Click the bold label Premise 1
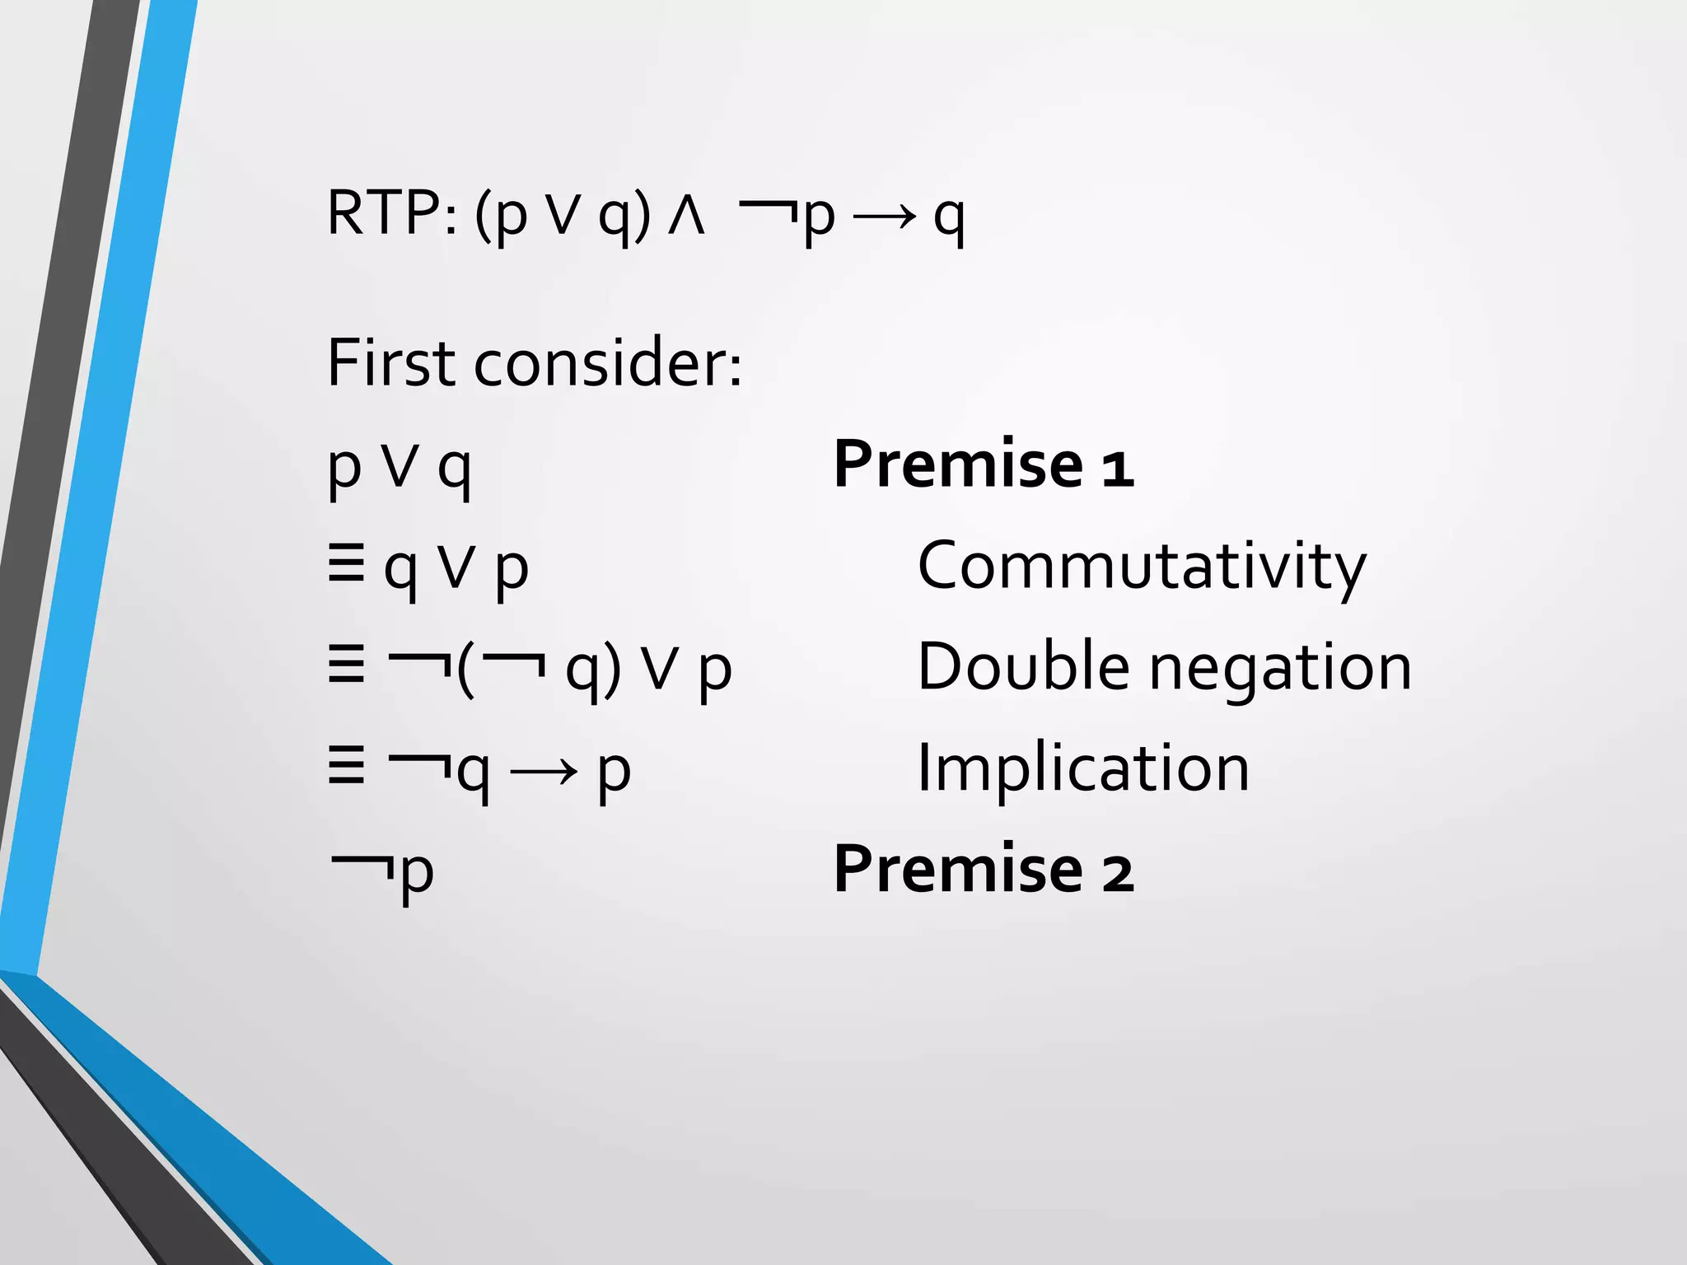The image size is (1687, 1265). pos(984,464)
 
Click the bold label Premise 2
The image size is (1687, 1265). pos(984,869)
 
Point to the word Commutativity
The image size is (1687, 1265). pos(1142,567)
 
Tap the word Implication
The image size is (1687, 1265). pos(1083,768)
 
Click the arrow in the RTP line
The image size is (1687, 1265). pos(884,217)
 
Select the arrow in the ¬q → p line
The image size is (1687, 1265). pos(543,773)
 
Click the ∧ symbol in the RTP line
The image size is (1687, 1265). pos(686,217)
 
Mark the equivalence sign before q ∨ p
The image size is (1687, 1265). pos(346,567)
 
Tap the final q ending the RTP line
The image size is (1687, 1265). pos(949,219)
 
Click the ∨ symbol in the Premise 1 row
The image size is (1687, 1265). pos(400,467)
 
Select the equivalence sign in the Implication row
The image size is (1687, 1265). pos(346,768)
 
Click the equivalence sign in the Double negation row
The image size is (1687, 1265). pos(346,666)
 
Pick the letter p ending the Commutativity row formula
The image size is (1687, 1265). pos(512,570)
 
